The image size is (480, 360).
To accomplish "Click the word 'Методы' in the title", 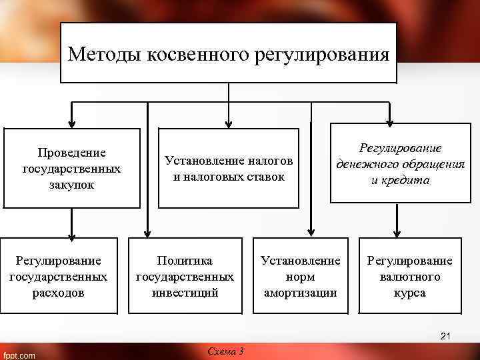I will (x=101, y=53).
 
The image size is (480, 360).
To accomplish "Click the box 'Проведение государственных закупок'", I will (x=72, y=169).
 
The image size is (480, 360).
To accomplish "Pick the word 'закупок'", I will (x=72, y=185).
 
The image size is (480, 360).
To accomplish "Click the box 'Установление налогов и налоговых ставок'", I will (x=229, y=169).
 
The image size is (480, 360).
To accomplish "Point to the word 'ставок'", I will (x=266, y=177).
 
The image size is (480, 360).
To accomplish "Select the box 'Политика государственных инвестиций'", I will (x=185, y=276).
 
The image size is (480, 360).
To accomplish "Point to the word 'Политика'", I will (x=185, y=260).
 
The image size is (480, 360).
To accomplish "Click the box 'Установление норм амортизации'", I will (x=300, y=276).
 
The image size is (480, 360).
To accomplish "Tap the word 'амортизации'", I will (x=300, y=293).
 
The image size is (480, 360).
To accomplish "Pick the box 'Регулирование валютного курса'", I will (x=410, y=276).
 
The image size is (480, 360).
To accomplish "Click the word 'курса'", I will (x=410, y=293).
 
